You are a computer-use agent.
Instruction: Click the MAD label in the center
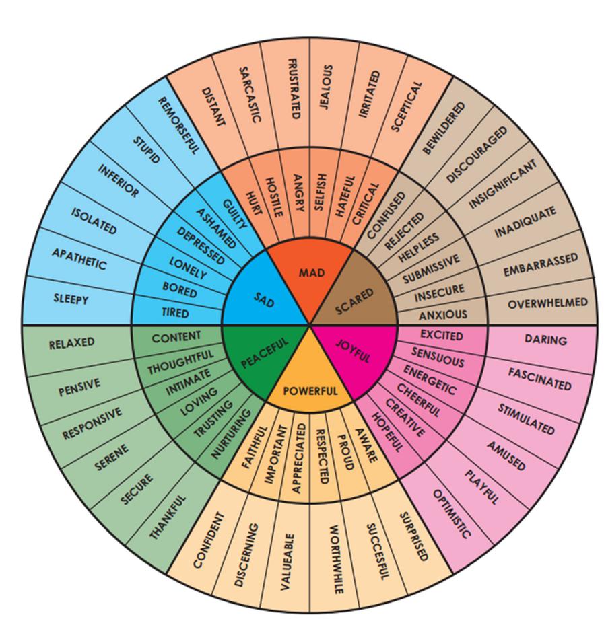click(x=311, y=272)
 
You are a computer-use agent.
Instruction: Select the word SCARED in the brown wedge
click(x=354, y=301)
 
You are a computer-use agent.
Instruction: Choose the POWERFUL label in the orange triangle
click(x=310, y=390)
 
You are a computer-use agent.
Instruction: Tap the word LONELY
click(x=188, y=268)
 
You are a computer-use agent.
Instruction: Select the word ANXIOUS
click(x=442, y=314)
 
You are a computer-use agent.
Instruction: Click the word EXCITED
click(x=441, y=335)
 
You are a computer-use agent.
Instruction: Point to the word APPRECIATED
click(x=300, y=458)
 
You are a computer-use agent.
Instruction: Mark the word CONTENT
click(x=176, y=336)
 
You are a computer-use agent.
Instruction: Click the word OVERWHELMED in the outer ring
click(x=547, y=303)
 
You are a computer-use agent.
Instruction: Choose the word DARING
click(x=545, y=340)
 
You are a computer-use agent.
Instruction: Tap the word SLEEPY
click(x=71, y=299)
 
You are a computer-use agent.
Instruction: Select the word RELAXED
click(x=71, y=344)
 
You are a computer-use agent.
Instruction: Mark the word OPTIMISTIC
click(x=452, y=514)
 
